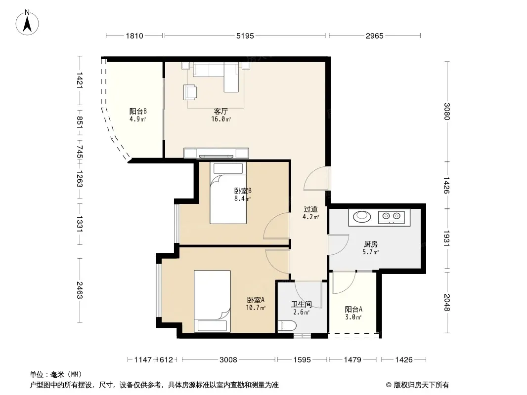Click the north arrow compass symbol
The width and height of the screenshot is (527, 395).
tap(27, 23)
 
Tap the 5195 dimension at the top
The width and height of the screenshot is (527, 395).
tap(245, 36)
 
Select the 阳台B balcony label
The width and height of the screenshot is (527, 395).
tap(138, 111)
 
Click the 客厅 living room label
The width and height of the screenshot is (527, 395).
tap(221, 111)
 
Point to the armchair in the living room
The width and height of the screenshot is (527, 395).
tap(190, 92)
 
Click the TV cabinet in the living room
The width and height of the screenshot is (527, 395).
tap(216, 153)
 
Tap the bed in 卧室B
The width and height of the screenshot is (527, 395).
tap(228, 193)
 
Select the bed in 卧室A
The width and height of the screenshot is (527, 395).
tap(212, 301)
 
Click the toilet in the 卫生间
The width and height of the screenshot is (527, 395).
tap(287, 325)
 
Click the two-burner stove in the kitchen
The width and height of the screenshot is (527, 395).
tap(391, 217)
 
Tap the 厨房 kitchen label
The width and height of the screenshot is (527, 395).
tap(370, 244)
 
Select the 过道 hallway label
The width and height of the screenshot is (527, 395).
tap(310, 209)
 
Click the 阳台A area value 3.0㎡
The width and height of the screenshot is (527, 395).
tap(353, 317)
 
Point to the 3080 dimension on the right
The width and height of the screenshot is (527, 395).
tap(447, 111)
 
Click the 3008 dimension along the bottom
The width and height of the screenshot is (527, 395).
tap(228, 360)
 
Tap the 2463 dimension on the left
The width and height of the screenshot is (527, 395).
tap(79, 290)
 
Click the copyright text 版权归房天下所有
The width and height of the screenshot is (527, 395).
tap(421, 385)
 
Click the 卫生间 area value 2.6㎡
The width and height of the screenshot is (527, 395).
tap(301, 312)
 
